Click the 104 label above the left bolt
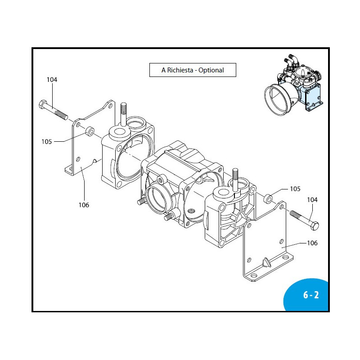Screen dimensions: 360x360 click(52, 80)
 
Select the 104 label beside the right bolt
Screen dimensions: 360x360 click(312, 199)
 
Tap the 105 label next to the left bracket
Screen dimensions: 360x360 click(46, 141)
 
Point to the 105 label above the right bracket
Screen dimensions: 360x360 click(295, 189)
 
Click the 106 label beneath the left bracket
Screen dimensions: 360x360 click(84, 205)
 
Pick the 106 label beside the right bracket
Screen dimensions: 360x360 click(312, 243)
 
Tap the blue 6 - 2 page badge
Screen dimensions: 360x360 click(310, 295)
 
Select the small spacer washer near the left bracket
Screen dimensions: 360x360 click(90, 131)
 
